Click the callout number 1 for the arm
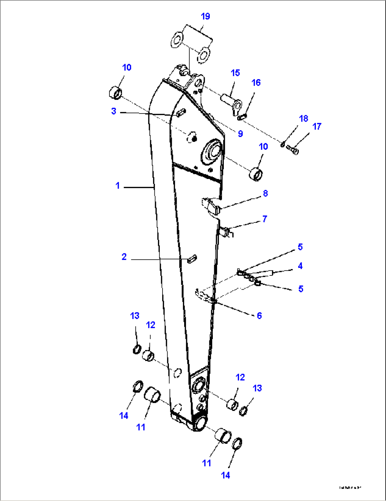[x=118, y=186]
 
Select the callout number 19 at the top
[x=205, y=16]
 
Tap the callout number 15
[x=235, y=73]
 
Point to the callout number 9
[x=240, y=134]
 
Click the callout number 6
[x=259, y=315]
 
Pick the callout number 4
[x=300, y=266]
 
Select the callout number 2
[x=124, y=257]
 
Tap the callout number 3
[x=114, y=111]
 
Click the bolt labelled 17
[x=293, y=150]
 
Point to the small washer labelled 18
[x=283, y=144]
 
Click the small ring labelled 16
[x=243, y=116]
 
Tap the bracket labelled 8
[x=211, y=206]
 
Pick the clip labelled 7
[x=226, y=232]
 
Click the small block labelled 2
[x=192, y=258]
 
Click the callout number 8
[x=265, y=193]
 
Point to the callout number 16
[x=256, y=83]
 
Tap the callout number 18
[x=303, y=118]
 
